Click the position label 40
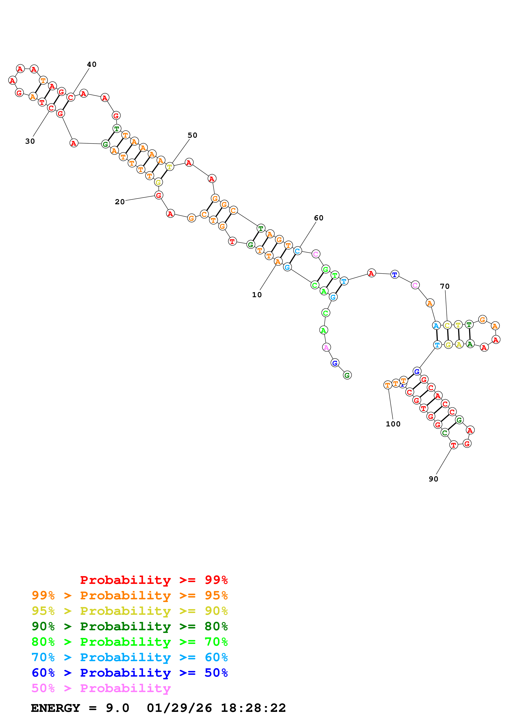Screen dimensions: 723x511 tap(92, 64)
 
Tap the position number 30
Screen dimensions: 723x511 tap(30, 141)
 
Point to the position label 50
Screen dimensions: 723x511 tap(192, 135)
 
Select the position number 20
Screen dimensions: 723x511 tap(120, 202)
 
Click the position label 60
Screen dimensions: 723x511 tap(319, 218)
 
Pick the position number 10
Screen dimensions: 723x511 tap(257, 295)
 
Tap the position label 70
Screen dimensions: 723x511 tap(445, 286)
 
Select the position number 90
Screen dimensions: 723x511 tap(433, 479)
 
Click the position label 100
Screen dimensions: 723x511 tap(393, 424)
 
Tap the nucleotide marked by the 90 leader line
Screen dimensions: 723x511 tap(453, 445)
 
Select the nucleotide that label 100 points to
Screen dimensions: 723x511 tap(388, 385)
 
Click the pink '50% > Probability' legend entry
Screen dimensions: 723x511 tap(101, 688)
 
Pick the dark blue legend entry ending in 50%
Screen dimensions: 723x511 tap(130, 673)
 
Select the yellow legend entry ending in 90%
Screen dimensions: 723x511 tap(130, 611)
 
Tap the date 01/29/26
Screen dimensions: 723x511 tap(179, 708)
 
